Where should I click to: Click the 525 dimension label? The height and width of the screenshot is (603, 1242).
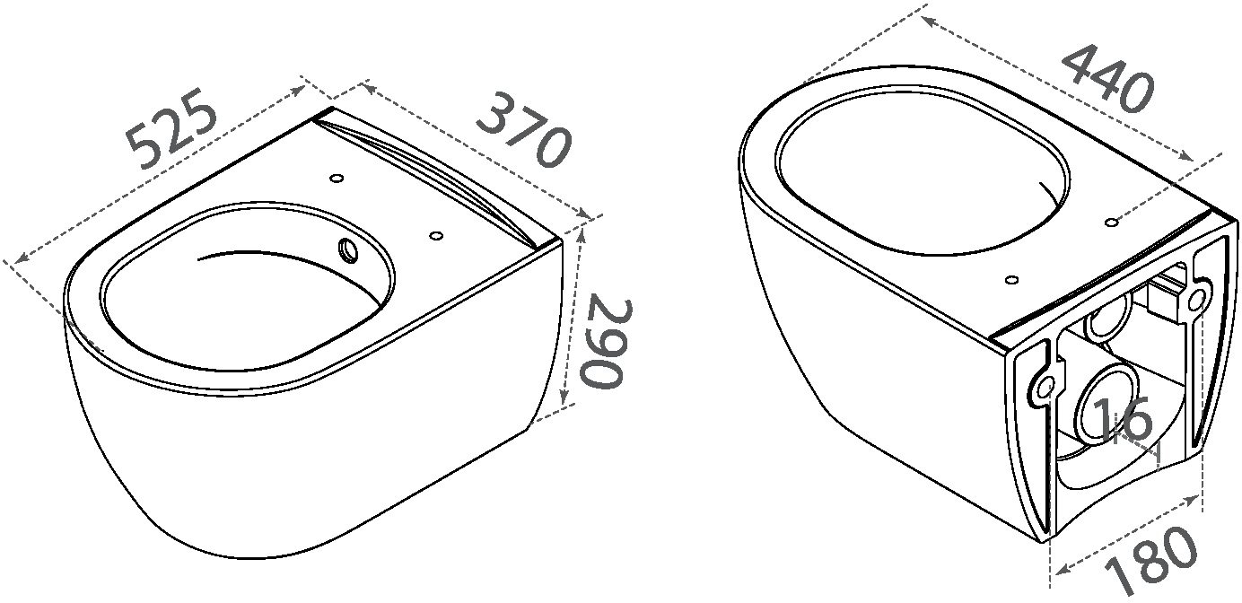click(171, 128)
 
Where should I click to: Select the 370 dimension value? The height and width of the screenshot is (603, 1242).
click(523, 130)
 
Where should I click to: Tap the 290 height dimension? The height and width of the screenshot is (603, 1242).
click(606, 344)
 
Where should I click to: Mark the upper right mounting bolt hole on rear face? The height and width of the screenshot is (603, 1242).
click(1197, 300)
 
